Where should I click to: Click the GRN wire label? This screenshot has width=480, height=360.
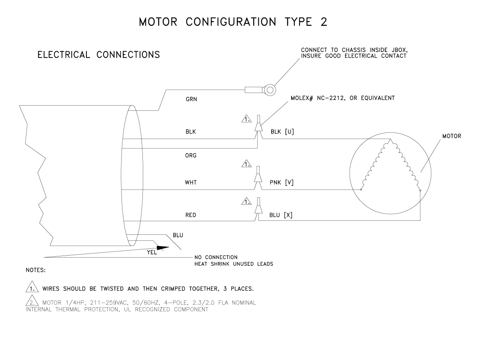point(191,99)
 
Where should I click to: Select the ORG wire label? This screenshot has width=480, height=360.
point(191,156)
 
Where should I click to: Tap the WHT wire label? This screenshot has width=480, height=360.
point(191,182)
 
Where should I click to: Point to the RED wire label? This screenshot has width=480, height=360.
point(191,215)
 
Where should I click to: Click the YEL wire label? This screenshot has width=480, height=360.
point(152,252)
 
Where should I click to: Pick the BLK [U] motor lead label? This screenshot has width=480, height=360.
point(282,132)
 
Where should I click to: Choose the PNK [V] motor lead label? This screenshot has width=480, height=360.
point(282,182)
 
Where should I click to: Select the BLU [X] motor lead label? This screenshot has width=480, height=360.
point(281,215)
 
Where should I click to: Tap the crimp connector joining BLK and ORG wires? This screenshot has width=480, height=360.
point(258,124)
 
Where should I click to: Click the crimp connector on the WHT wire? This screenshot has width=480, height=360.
point(258,174)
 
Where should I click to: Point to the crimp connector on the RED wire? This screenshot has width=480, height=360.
point(258,206)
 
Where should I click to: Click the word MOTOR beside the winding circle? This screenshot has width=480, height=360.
point(452,136)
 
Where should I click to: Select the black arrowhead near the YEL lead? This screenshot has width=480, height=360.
point(163,248)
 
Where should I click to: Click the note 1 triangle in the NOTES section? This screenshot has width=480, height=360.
point(32,287)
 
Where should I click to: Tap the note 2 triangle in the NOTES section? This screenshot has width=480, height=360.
point(32,300)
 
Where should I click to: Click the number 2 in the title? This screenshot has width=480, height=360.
point(324,22)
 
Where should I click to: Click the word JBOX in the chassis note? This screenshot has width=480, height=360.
point(400,50)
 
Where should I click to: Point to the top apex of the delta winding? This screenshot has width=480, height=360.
point(390,139)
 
